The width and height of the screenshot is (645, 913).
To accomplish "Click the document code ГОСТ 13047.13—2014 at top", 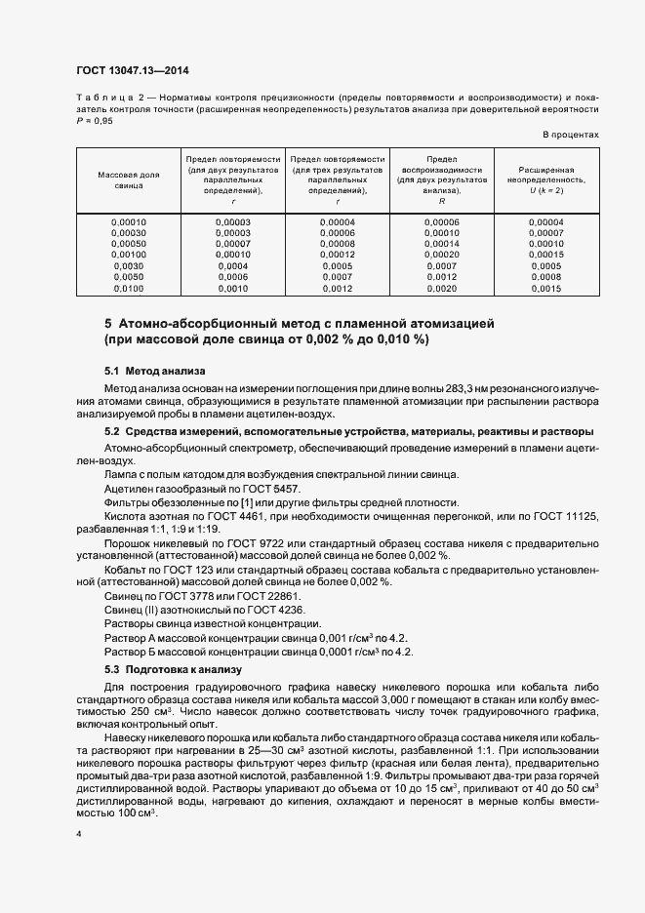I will coord(133,69).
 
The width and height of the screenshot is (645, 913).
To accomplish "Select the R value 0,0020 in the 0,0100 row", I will coord(441,289).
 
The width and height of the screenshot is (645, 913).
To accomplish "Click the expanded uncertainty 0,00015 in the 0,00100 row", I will coord(545,255).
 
